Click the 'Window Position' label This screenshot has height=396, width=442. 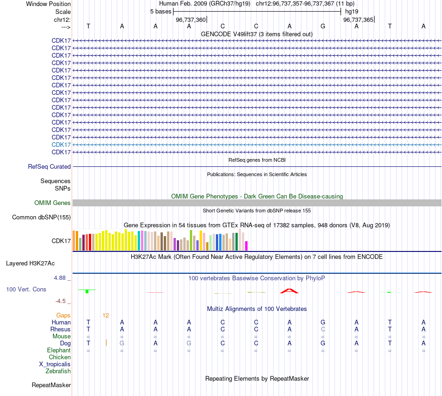48,4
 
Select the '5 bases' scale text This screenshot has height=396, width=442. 161,11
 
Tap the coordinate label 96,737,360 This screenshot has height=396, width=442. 191,20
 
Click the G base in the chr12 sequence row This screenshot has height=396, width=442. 323,26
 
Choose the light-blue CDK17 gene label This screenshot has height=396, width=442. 61,145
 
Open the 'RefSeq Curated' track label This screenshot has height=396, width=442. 49,166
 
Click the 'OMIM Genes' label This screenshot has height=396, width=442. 53,203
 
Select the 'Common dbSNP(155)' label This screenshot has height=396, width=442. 41,217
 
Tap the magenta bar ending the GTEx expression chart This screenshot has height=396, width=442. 247,246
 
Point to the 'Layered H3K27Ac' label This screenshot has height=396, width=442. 30,263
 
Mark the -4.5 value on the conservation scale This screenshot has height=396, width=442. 61,301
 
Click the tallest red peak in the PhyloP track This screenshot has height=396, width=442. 289,291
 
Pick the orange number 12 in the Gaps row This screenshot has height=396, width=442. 106,315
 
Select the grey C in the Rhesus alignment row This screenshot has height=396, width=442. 323,329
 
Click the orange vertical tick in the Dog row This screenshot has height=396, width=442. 106,343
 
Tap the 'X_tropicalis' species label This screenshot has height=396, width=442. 55,364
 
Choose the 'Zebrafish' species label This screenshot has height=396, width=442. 58,371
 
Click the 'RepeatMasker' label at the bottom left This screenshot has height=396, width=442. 51,385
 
